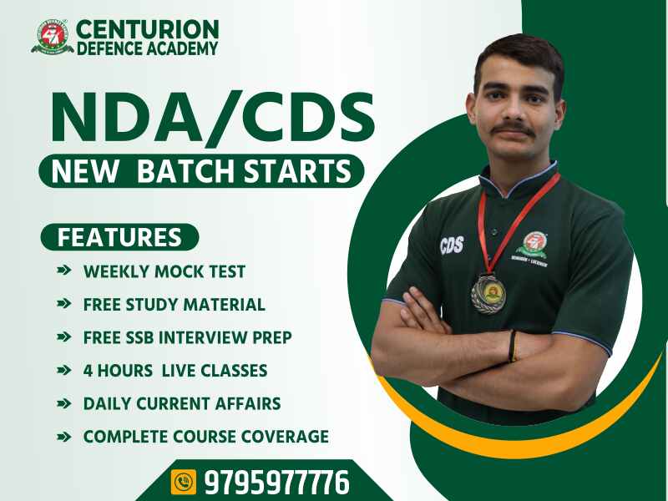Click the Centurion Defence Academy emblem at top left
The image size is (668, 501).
coord(51,36)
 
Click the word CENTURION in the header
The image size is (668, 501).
coord(148,29)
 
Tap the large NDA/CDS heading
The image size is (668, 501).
coord(213,117)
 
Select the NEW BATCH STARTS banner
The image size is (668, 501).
coord(201,171)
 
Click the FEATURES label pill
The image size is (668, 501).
coord(119,237)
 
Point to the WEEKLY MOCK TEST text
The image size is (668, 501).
coord(164,271)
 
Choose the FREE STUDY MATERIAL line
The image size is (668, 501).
coord(175,305)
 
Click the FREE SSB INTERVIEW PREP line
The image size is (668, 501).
coord(187,337)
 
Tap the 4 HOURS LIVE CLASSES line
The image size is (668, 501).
coord(175,370)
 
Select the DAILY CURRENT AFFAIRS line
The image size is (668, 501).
coord(182,403)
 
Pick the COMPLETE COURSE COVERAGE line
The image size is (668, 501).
coord(206,436)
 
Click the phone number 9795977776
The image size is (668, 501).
coord(277,482)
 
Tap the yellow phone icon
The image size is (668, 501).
coord(184,482)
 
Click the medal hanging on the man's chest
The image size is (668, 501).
coord(488,294)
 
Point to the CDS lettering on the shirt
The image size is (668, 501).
coord(452,245)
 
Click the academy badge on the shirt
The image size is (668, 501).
coord(533,248)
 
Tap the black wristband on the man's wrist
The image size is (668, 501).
coord(513,346)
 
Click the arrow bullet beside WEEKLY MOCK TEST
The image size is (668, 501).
coord(64,270)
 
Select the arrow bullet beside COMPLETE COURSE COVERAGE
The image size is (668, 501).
coord(64,436)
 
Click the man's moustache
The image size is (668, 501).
coord(514,129)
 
